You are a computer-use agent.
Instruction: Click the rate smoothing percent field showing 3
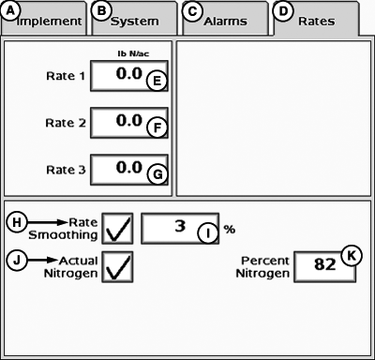click(x=178, y=228)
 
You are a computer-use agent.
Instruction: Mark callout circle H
click(x=16, y=222)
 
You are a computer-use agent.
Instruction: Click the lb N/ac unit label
click(x=130, y=54)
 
